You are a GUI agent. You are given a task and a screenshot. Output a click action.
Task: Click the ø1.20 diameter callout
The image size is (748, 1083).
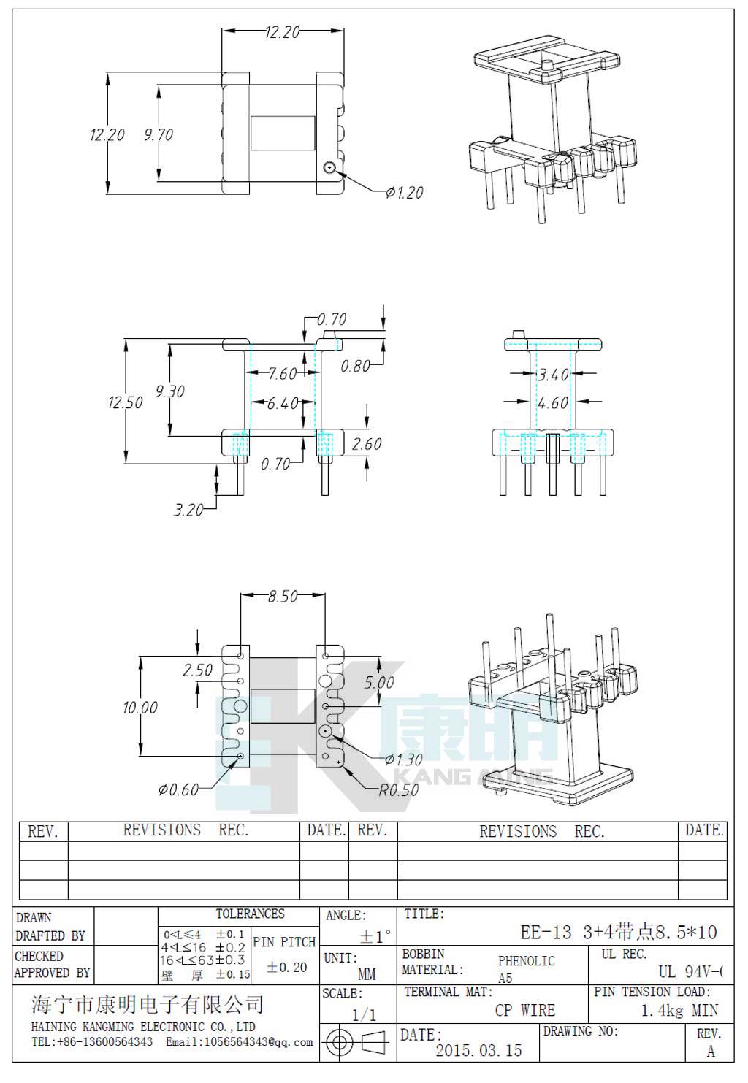tap(405, 193)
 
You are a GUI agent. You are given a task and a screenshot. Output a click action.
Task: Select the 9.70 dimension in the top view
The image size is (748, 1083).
tap(159, 135)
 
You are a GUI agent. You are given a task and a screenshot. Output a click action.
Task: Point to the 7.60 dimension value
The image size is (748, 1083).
tap(282, 374)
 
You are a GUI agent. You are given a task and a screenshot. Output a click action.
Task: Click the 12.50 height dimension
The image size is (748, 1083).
tap(126, 402)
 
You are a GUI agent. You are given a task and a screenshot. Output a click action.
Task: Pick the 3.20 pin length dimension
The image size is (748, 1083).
tap(188, 510)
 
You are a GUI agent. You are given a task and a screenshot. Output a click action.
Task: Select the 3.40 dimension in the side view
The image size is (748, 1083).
tap(553, 375)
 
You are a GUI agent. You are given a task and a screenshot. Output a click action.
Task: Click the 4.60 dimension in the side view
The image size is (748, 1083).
tap(553, 403)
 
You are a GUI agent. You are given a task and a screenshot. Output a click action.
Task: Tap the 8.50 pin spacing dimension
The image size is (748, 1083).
tap(283, 597)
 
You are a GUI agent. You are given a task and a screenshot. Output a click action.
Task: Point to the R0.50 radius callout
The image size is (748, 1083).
tap(399, 790)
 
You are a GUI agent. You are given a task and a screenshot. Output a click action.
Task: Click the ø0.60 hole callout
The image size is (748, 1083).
tap(178, 789)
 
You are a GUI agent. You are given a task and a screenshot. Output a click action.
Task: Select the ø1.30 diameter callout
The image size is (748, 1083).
tap(404, 760)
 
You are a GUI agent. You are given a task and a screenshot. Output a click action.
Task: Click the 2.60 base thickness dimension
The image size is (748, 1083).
tap(367, 444)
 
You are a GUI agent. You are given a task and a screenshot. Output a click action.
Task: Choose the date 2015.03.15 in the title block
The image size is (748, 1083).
tap(479, 1051)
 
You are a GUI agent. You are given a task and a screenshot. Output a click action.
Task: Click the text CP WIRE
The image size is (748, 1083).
tap(524, 1011)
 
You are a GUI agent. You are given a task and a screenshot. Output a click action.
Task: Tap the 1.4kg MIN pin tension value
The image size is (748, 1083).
tap(679, 1011)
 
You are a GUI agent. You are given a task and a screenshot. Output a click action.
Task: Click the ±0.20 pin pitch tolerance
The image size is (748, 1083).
tap(287, 967)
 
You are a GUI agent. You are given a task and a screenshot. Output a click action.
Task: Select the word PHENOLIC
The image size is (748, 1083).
tap(526, 961)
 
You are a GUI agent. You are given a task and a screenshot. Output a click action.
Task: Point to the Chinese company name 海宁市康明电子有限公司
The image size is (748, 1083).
tap(148, 1005)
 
